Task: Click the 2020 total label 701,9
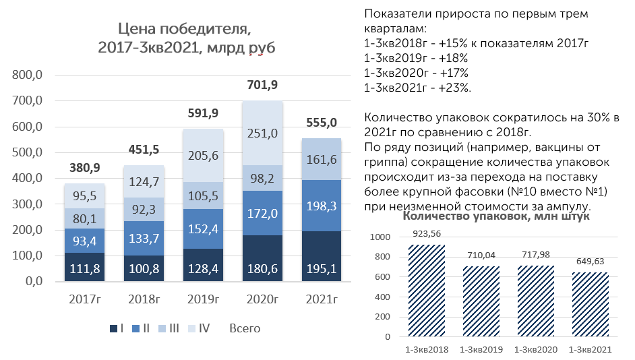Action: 262,85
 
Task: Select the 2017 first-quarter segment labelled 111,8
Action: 85,267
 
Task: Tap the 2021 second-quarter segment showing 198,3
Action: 322,206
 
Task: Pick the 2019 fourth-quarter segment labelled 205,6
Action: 203,156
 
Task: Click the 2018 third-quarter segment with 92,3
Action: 144,210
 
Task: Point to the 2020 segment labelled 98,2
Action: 262,178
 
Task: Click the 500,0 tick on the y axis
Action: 28,152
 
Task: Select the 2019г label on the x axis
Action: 203,299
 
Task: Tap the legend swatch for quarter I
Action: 113,328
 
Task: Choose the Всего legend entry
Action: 245,328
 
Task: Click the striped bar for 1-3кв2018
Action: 427,291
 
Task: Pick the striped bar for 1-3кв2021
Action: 591,305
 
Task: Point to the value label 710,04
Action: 481,255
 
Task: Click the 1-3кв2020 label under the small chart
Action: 536,349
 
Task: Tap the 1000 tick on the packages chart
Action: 380,237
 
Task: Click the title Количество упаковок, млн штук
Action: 496,216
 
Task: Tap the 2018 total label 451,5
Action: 144,150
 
